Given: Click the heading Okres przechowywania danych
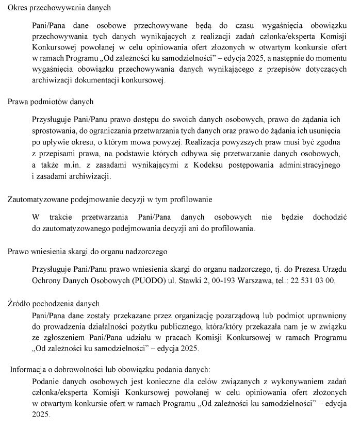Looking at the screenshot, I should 59,9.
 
